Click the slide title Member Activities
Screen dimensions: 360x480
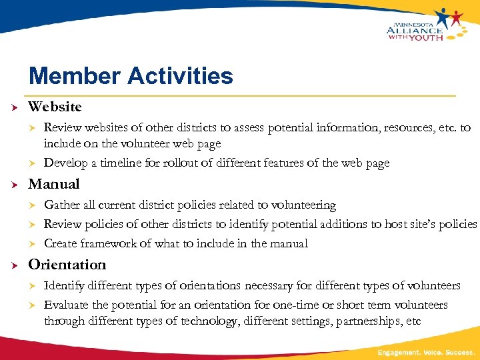(131, 75)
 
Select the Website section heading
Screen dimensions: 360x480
(55, 107)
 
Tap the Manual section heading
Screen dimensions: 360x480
(53, 184)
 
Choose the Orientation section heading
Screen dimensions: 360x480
(67, 265)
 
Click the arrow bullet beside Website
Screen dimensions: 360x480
(13, 107)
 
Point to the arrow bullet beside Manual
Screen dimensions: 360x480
(13, 185)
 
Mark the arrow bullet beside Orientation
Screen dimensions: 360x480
(13, 265)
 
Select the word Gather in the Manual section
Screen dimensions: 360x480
(61, 205)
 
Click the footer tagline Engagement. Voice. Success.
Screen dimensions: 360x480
(426, 351)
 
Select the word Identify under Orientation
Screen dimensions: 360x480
(63, 286)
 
